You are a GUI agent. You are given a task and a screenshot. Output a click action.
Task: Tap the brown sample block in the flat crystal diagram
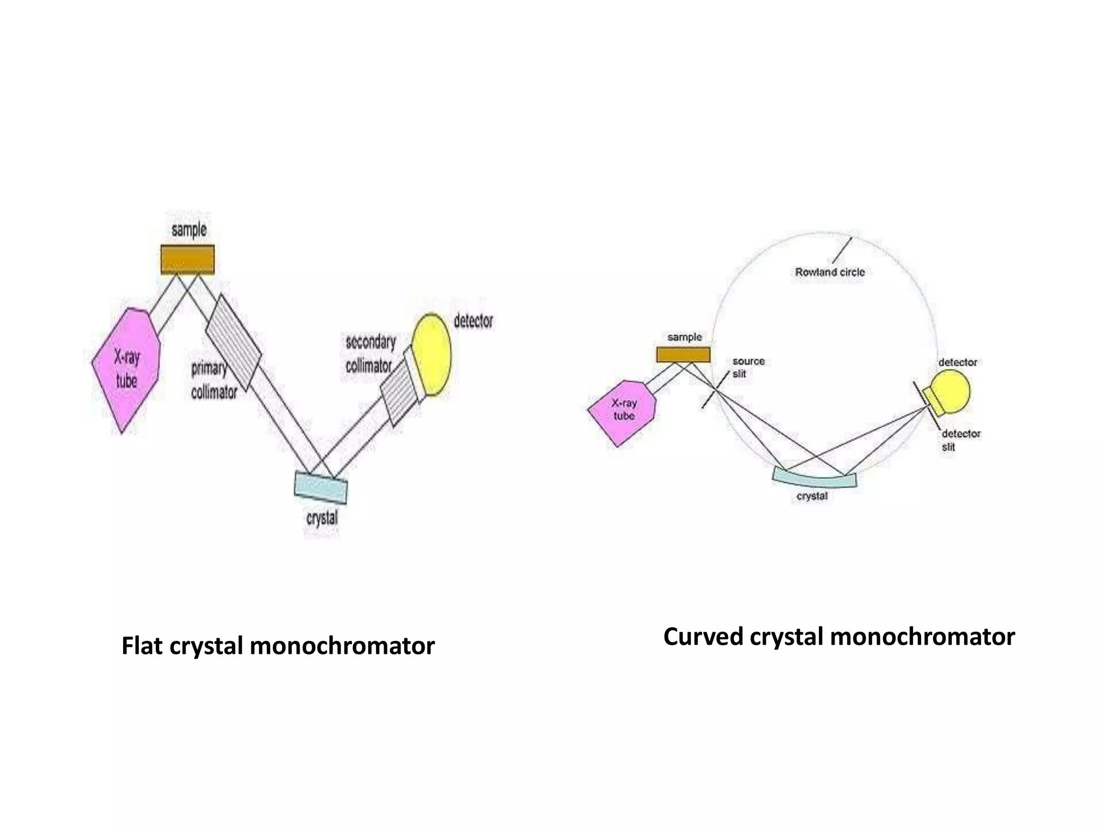pyautogui.click(x=187, y=259)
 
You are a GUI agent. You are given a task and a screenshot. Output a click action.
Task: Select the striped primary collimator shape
pyautogui.click(x=234, y=342)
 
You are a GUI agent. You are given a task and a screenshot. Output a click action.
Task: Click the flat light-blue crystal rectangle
pyautogui.click(x=321, y=487)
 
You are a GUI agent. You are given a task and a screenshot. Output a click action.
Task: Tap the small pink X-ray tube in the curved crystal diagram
pyautogui.click(x=622, y=412)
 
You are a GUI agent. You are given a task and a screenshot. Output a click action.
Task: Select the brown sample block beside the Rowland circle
pyautogui.click(x=683, y=354)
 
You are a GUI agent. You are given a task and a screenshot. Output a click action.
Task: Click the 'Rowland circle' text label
pyautogui.click(x=830, y=272)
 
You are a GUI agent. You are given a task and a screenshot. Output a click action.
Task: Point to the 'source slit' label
pyautogui.click(x=747, y=367)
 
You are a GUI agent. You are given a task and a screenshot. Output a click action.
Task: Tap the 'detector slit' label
pyautogui.click(x=960, y=440)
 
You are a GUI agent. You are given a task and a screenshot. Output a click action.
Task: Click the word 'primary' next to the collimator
pyautogui.click(x=209, y=369)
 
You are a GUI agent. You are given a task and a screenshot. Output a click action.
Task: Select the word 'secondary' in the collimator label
pyautogui.click(x=370, y=342)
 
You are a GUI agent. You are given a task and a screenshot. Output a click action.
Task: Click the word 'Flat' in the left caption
pyautogui.click(x=141, y=646)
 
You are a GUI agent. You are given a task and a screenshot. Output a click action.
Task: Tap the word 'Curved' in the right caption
pyautogui.click(x=704, y=637)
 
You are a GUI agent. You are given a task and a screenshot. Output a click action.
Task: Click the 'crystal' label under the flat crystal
pyautogui.click(x=322, y=518)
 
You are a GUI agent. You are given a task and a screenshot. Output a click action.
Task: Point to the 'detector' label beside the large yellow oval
pyautogui.click(x=473, y=321)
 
